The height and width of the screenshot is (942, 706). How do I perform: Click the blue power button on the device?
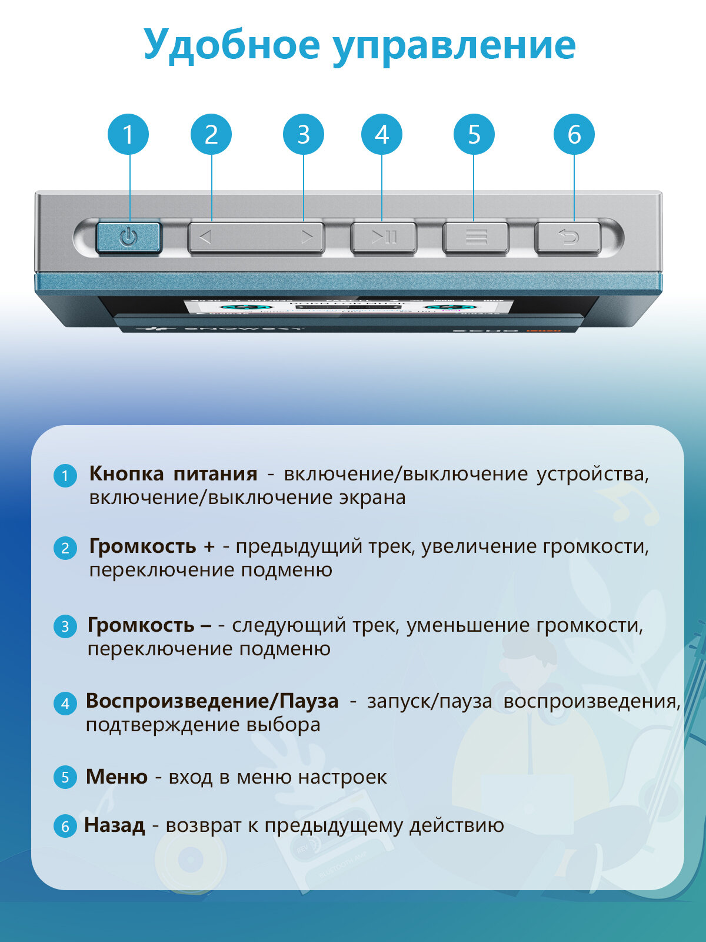[x=128, y=238]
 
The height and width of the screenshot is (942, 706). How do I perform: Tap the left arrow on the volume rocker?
[x=205, y=238]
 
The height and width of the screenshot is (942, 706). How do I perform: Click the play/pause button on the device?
[x=384, y=238]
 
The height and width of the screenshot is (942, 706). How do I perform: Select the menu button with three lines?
[x=475, y=238]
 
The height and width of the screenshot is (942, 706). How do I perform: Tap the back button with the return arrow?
[x=568, y=238]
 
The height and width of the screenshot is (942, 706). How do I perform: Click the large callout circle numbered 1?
[x=128, y=134]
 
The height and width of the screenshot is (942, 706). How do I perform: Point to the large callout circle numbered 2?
[x=211, y=134]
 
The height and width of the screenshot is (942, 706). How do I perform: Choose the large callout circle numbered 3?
[x=304, y=134]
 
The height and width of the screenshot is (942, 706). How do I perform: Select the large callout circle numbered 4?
[x=382, y=134]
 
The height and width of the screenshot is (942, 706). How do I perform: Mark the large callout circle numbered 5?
[x=474, y=134]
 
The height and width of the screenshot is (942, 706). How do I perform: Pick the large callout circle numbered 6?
[x=574, y=134]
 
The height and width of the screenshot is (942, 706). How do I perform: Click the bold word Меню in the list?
[x=116, y=777]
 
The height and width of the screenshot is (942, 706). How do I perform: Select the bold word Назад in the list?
[x=114, y=825]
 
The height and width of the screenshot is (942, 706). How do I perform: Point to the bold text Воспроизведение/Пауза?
[x=212, y=701]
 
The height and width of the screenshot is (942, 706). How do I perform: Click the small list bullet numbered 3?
[x=65, y=626]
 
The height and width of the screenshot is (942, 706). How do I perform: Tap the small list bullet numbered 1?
[x=65, y=475]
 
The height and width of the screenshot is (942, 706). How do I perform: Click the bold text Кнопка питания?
[x=173, y=474]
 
